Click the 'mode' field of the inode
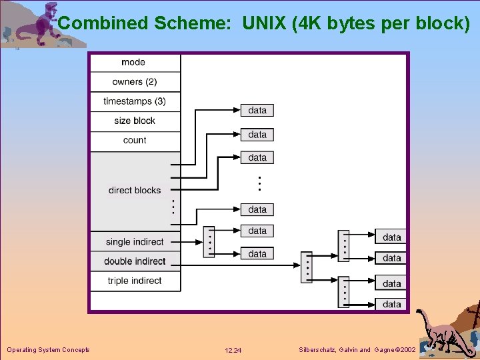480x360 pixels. tap(134, 62)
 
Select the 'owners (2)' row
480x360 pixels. tap(135, 82)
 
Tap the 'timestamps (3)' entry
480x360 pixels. tap(135, 101)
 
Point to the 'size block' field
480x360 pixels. tap(135, 121)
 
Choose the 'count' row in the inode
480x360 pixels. tap(135, 140)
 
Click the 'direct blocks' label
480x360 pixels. tap(135, 190)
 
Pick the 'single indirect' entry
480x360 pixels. tap(135, 242)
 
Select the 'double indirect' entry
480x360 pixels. tap(135, 261)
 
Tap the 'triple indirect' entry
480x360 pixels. tap(135, 281)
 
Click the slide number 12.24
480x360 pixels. tap(233, 350)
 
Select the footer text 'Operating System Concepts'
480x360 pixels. tap(48, 349)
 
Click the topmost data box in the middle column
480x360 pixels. tap(257, 110)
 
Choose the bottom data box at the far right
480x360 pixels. tap(392, 304)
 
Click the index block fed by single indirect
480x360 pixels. tap(209, 242)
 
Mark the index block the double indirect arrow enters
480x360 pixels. tap(307, 267)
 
